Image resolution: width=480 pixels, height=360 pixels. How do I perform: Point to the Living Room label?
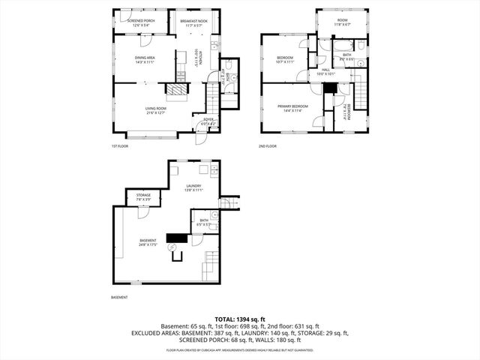[x=156, y=110]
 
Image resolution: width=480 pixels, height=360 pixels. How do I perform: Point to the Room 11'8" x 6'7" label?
[x=342, y=22]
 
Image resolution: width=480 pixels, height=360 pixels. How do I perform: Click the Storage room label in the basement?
[x=143, y=196]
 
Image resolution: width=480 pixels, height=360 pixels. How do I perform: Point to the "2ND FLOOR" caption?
[x=268, y=146]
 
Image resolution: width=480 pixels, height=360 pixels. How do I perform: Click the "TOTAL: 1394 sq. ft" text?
[x=240, y=319]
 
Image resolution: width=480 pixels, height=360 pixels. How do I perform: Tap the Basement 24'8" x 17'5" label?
[x=148, y=241]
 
